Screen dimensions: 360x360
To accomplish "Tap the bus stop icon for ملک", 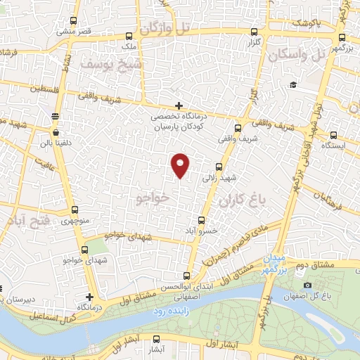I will point(128,36).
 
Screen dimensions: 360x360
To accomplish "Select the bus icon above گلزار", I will point(254,32).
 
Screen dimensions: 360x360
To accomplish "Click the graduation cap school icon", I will point(291,85).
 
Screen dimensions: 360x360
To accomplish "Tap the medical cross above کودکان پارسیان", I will point(179,105).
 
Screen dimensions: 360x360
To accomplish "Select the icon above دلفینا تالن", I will point(55,115).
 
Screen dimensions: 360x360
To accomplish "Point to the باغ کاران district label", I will point(244,201).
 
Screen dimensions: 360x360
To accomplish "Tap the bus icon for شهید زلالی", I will point(218,167).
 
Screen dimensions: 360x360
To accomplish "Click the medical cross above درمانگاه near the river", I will point(89,297).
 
